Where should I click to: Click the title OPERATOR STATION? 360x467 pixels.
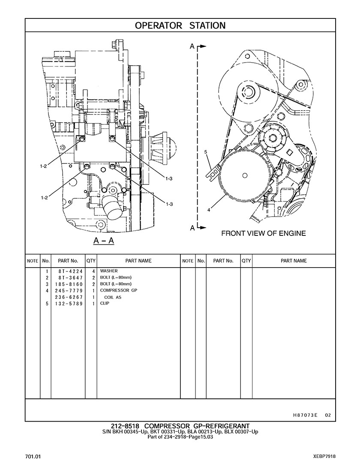click(x=180, y=26)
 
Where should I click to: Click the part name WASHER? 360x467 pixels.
click(x=109, y=271)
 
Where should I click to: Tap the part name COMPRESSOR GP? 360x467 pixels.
click(x=118, y=291)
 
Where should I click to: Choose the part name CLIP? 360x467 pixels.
click(x=105, y=304)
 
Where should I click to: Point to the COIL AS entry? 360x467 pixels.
click(x=113, y=297)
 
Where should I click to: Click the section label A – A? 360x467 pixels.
click(x=104, y=241)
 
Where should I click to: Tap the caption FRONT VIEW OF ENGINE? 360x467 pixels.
click(x=263, y=234)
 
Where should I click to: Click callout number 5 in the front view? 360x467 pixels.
click(x=206, y=152)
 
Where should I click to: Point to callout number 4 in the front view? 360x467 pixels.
click(x=209, y=210)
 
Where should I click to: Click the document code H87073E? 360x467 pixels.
click(x=306, y=415)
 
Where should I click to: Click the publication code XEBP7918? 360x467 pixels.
click(x=324, y=456)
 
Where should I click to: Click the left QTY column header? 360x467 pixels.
click(x=91, y=261)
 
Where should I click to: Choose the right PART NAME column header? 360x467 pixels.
click(x=294, y=261)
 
